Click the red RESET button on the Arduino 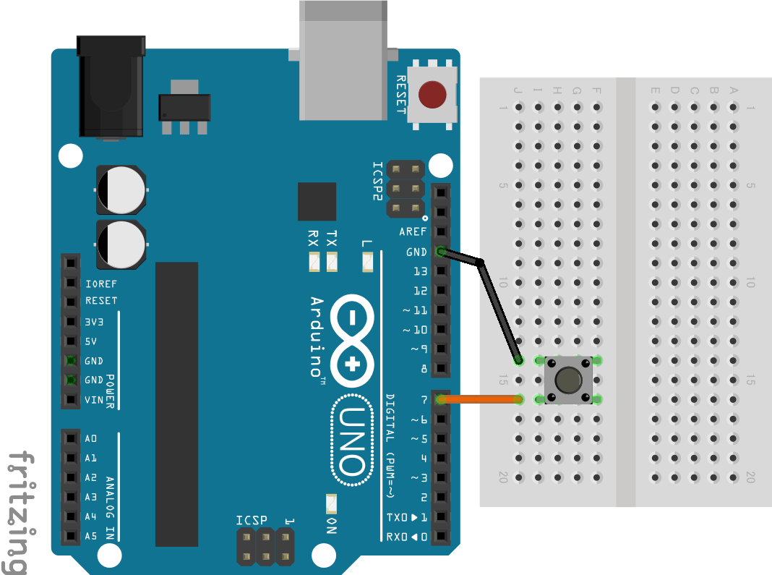pos(432,93)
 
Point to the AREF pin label pos(413,232)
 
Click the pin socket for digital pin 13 pos(440,271)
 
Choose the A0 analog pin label pos(91,438)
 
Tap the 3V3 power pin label pos(95,321)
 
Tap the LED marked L pos(368,261)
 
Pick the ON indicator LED pos(331,502)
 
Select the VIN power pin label pos(93,399)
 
